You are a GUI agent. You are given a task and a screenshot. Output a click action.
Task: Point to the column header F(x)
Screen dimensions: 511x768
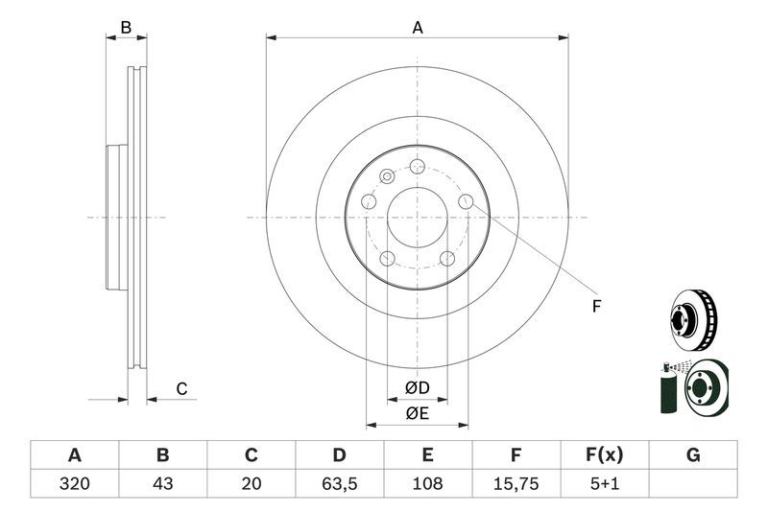604,454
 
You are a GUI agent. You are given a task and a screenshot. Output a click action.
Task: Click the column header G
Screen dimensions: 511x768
692,454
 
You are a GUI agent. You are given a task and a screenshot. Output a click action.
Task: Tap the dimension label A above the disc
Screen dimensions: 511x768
418,28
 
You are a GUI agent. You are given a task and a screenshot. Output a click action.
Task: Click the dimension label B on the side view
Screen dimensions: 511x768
126,28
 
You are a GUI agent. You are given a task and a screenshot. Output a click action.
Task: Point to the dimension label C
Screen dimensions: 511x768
180,388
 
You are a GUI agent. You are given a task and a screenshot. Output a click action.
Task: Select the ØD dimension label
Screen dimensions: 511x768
417,388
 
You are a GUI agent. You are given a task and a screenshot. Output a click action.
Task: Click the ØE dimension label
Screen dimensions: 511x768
417,413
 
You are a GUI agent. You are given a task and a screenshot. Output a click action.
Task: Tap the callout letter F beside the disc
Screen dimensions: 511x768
596,306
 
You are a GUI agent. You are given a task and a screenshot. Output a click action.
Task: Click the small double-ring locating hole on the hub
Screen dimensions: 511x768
387,176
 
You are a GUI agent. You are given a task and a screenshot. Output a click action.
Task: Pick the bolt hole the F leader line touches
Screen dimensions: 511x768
466,201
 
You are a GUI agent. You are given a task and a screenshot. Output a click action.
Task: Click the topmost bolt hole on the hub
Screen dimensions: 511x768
417,167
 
